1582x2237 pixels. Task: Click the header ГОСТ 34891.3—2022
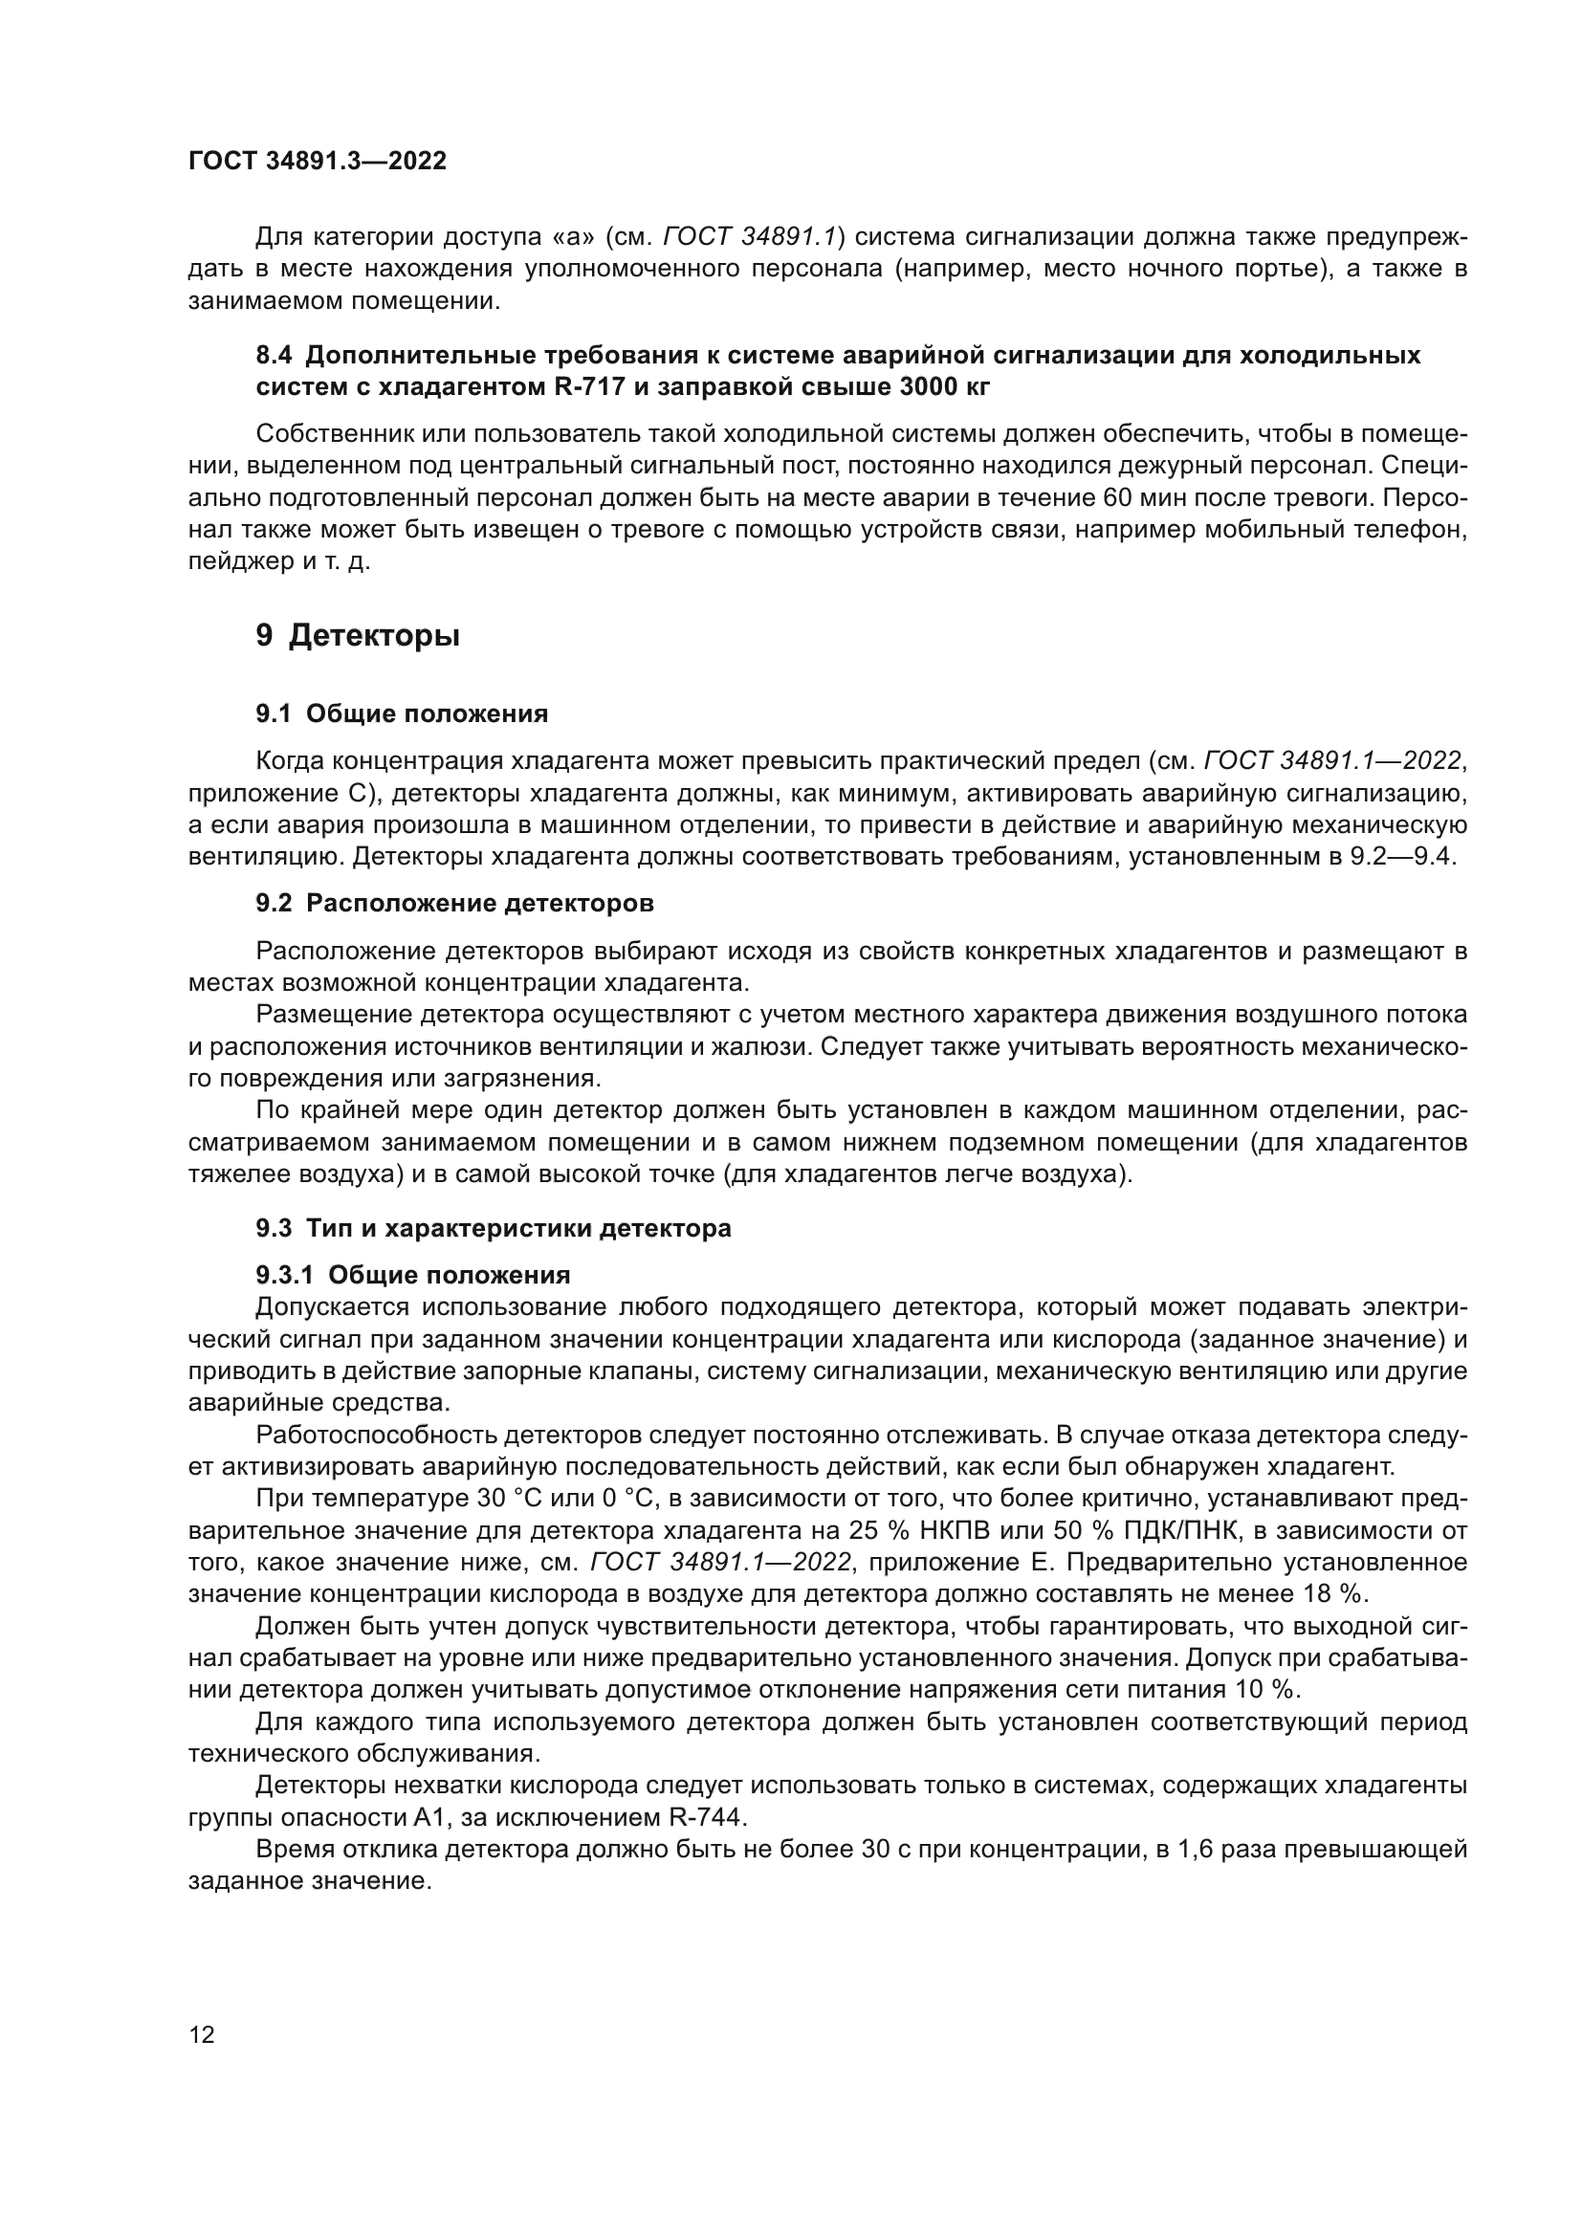coord(317,162)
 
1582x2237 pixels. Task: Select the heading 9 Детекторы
coord(358,636)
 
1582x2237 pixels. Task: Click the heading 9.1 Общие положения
coord(402,714)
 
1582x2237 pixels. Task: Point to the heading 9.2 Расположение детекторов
coord(454,903)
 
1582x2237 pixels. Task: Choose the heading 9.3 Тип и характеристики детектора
coord(493,1229)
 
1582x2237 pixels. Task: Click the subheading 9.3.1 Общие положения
coord(413,1276)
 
